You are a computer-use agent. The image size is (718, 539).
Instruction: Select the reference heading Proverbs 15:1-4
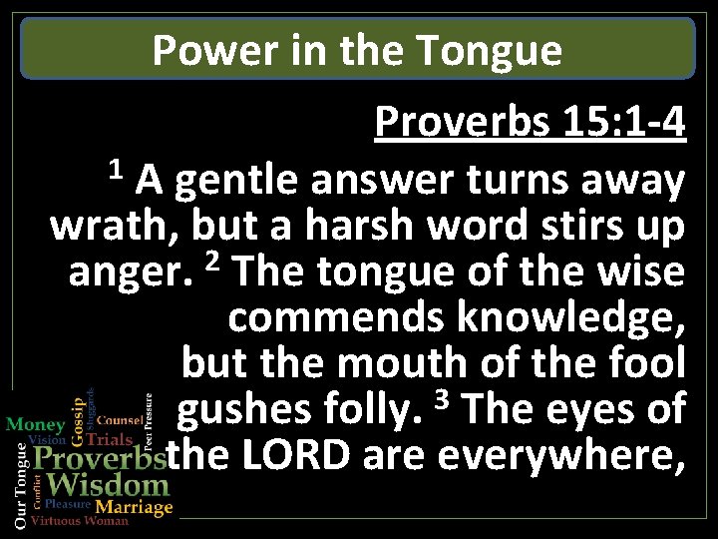tap(530, 124)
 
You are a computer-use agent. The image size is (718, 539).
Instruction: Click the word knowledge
tap(570, 318)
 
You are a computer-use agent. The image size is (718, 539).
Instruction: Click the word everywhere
tap(561, 456)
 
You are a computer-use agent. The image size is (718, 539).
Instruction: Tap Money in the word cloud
tap(35, 424)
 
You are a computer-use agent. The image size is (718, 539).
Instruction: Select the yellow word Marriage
tap(134, 507)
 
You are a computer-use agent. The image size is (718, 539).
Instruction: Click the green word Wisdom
tap(108, 486)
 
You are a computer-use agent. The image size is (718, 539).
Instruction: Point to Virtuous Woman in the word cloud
tap(80, 522)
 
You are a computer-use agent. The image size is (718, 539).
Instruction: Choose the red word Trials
tap(110, 439)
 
